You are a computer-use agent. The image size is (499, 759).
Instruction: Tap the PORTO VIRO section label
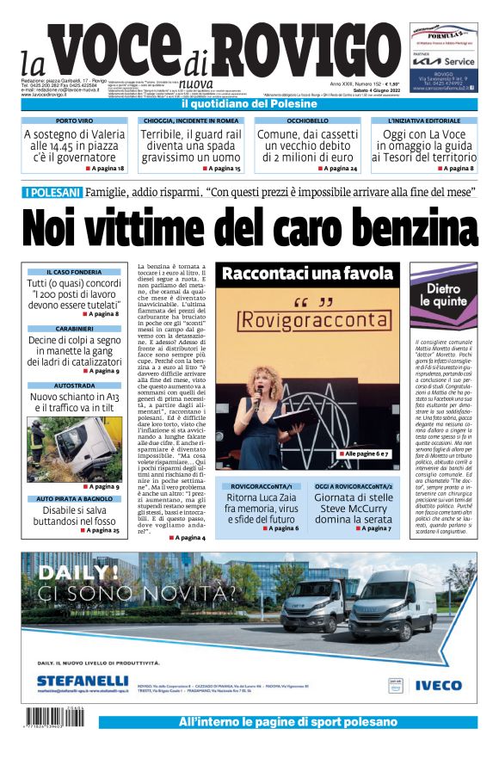pyautogui.click(x=73, y=121)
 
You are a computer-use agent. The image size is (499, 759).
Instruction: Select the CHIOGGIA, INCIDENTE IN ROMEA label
pyautogui.click(x=190, y=121)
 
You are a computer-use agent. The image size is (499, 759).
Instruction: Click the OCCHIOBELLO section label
pyautogui.click(x=307, y=121)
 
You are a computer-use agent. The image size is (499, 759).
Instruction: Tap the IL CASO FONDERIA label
pyautogui.click(x=73, y=272)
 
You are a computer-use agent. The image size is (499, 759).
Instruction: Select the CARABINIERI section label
pyautogui.click(x=74, y=329)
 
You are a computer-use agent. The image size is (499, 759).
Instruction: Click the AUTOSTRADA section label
pyautogui.click(x=74, y=386)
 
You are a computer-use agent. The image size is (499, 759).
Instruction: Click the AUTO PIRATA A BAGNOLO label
pyautogui.click(x=74, y=498)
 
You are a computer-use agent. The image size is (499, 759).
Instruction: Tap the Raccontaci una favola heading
pyautogui.click(x=307, y=275)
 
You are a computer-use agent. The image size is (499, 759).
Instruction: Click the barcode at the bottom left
pyautogui.click(x=57, y=718)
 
